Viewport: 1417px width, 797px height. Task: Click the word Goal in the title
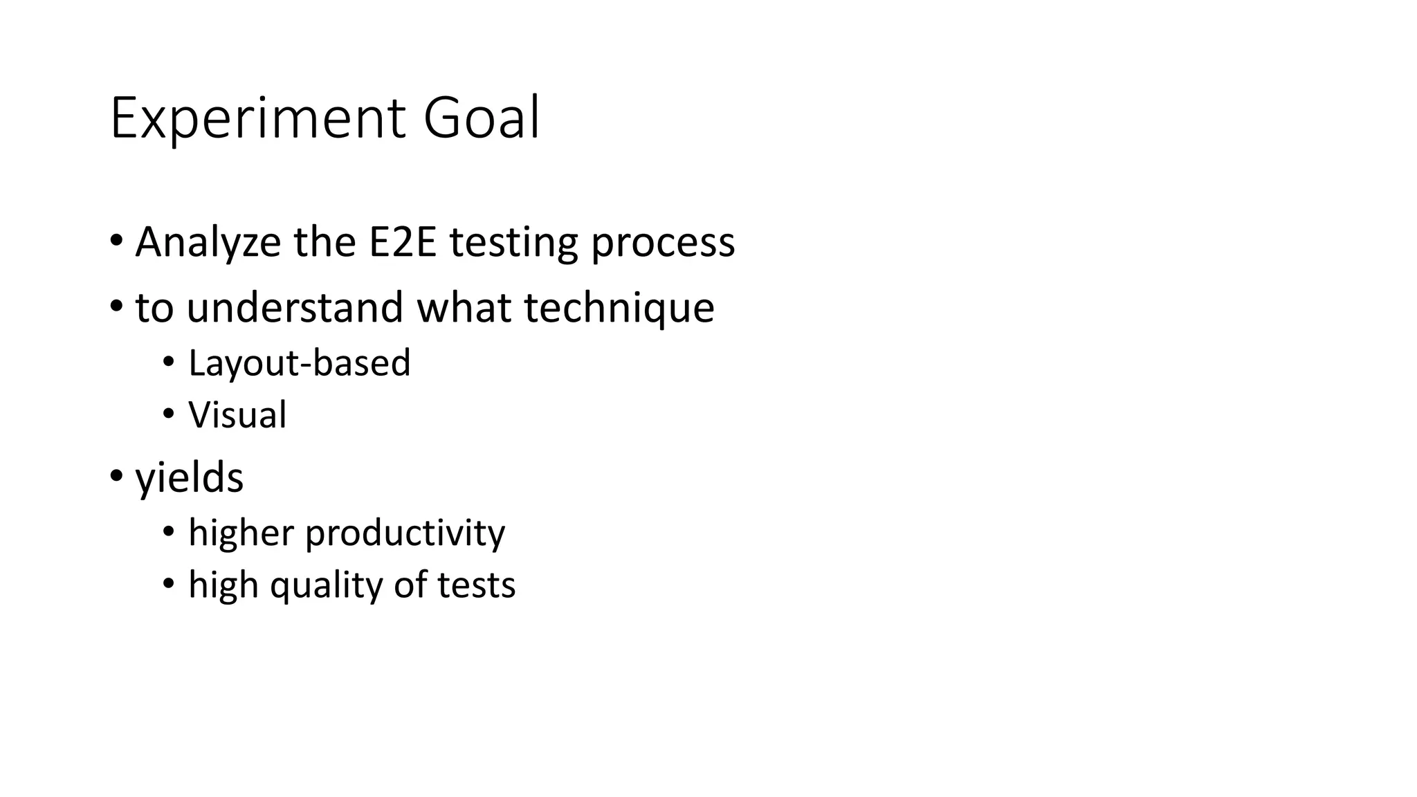[x=481, y=119]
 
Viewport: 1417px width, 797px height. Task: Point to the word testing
[x=513, y=243]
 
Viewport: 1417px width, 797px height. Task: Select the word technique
[x=619, y=309]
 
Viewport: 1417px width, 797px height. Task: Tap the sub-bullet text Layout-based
[x=299, y=363]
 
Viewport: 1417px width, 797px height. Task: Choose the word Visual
[x=237, y=415]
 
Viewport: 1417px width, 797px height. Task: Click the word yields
[x=189, y=477]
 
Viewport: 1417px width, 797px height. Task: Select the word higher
[x=241, y=533]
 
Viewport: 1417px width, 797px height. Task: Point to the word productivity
[x=405, y=533]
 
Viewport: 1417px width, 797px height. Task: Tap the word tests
[x=476, y=585]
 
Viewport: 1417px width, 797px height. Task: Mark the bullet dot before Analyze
[x=116, y=242]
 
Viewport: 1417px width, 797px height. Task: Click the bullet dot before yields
[x=116, y=476]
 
